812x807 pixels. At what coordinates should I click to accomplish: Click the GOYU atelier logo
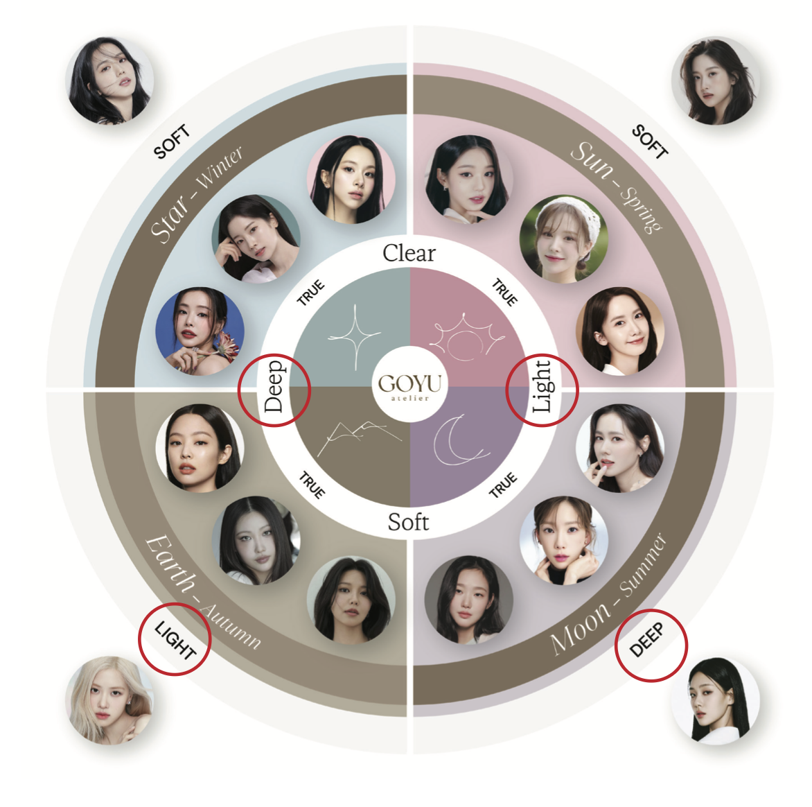pos(409,385)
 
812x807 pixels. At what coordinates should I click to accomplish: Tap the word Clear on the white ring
pos(409,253)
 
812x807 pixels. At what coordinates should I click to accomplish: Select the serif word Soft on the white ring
pos(408,521)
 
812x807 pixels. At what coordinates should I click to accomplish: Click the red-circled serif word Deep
pos(274,386)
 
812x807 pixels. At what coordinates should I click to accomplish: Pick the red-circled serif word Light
pos(542,386)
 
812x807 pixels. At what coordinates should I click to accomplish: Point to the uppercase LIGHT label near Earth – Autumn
pos(175,640)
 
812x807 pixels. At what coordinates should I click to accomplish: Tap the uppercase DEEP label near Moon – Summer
pos(647,640)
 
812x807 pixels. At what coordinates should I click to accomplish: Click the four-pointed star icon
pos(355,337)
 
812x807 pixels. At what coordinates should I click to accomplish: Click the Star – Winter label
pos(196,195)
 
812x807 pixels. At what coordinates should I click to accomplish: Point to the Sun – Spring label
pos(616,186)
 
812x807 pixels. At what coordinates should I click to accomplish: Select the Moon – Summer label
pos(608,594)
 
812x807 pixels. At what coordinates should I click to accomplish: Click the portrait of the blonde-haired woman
pos(109,700)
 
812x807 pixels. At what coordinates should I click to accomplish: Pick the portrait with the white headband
pos(563,238)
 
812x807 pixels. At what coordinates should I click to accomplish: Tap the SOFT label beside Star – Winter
pos(171,142)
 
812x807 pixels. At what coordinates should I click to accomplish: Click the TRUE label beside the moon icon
pos(503,485)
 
